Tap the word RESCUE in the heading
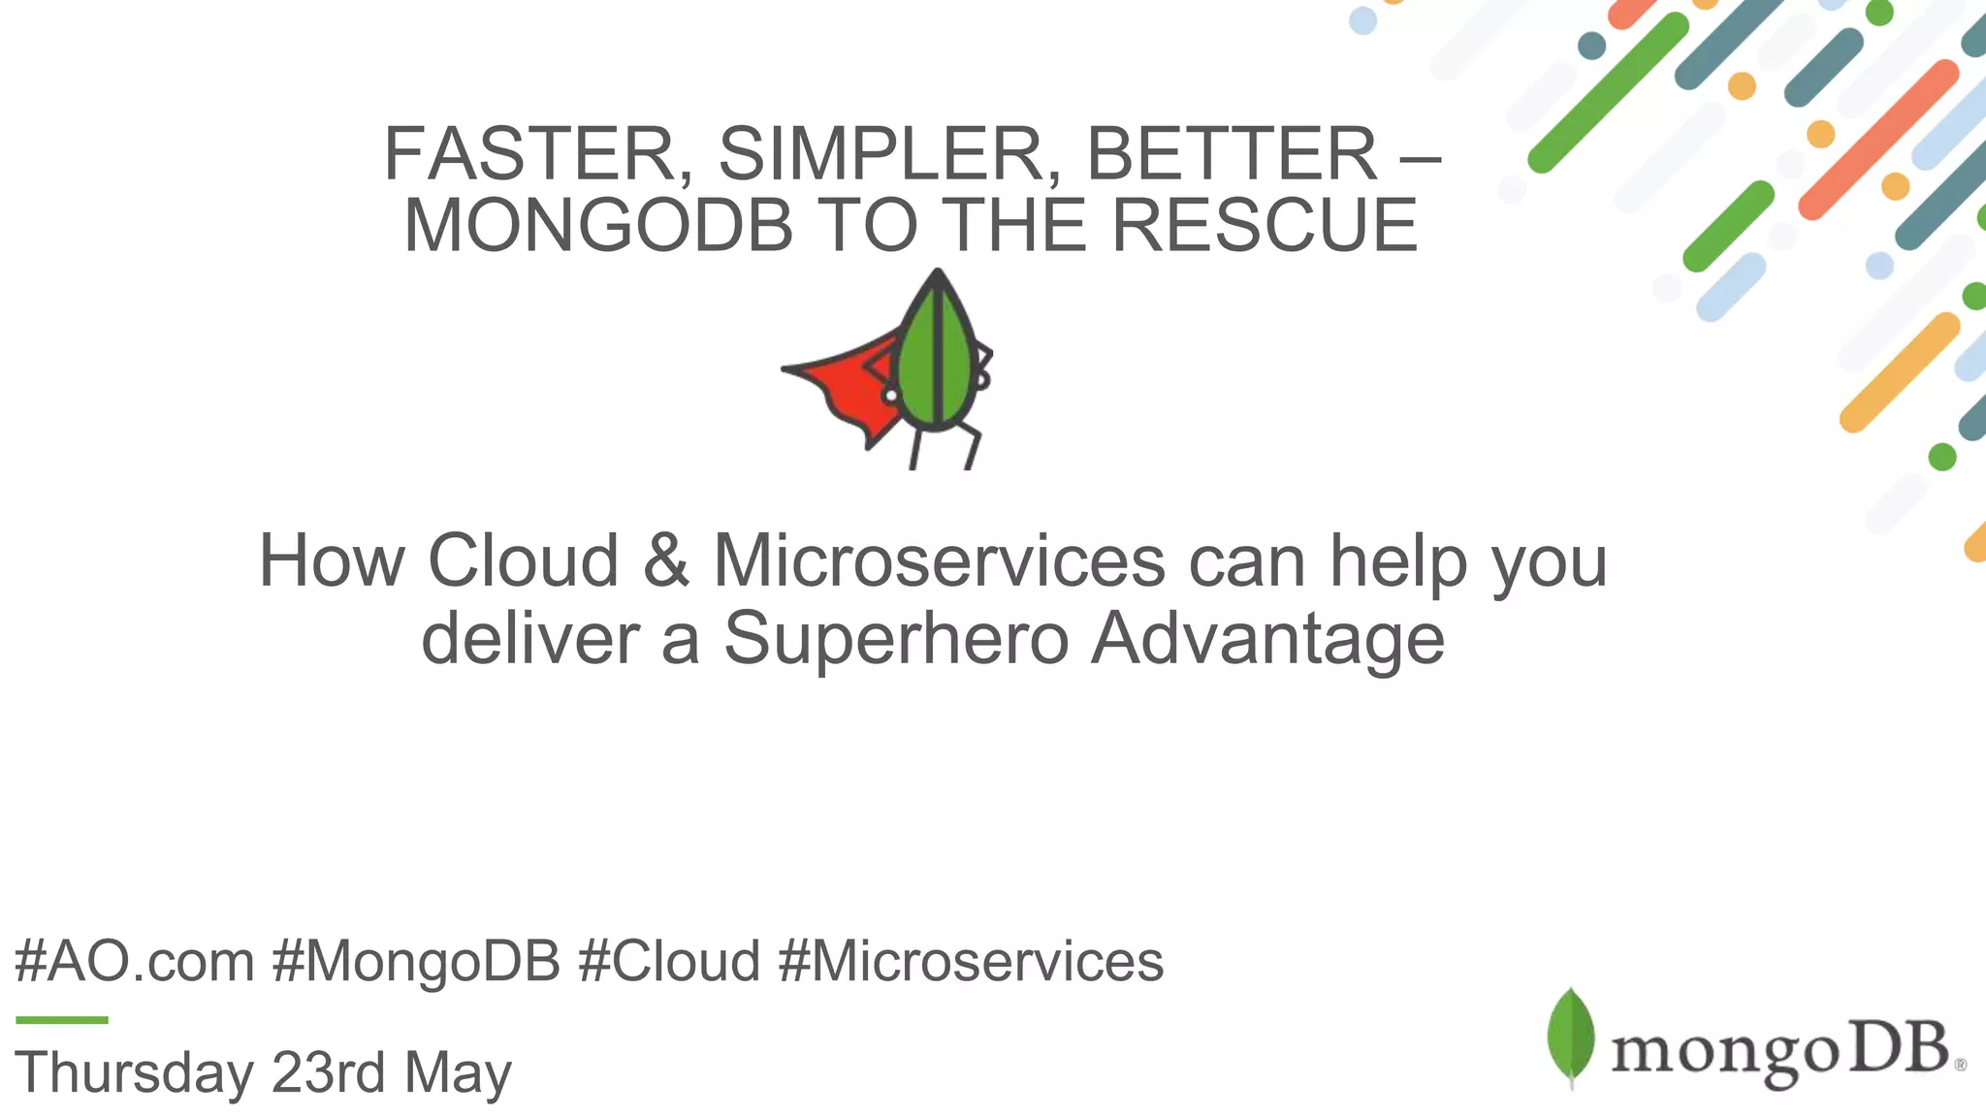[1265, 226]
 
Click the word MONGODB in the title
[598, 226]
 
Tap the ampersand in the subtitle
[666, 561]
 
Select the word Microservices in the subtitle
[939, 561]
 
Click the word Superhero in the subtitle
[896, 639]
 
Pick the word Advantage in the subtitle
[1267, 639]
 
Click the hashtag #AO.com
[135, 962]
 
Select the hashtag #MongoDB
[416, 962]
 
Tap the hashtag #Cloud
[669, 962]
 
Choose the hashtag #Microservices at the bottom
[971, 962]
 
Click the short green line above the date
[62, 1019]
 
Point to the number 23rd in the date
[328, 1072]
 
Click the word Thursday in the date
[134, 1072]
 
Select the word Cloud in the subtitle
[524, 561]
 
